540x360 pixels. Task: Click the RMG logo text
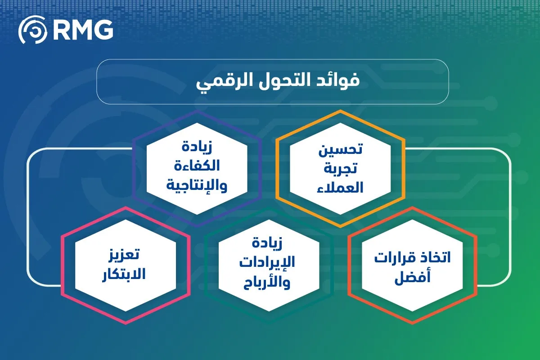click(83, 30)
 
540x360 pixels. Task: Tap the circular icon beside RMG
click(32, 30)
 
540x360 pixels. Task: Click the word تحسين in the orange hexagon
click(341, 150)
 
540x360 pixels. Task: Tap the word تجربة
click(341, 169)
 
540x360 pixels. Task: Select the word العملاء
click(341, 188)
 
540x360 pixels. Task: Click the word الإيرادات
click(269, 264)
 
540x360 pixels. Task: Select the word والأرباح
click(269, 283)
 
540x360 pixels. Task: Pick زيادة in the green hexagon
click(269, 244)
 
